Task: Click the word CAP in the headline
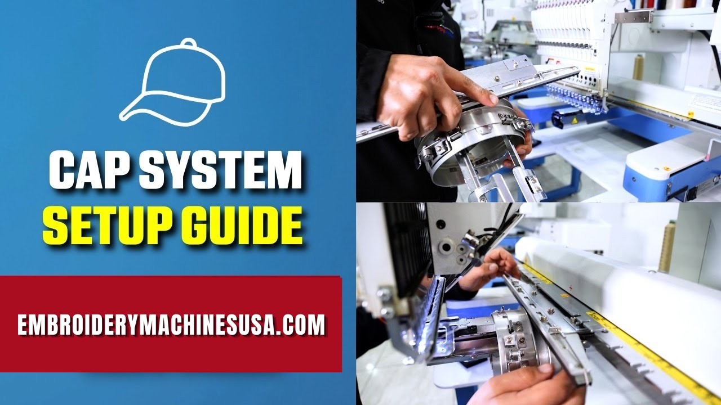click(90, 170)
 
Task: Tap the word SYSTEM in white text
click(220, 170)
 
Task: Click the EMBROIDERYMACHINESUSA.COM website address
click(172, 325)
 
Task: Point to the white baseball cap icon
click(172, 82)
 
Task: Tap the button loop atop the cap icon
click(188, 42)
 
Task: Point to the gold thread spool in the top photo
click(638, 67)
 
